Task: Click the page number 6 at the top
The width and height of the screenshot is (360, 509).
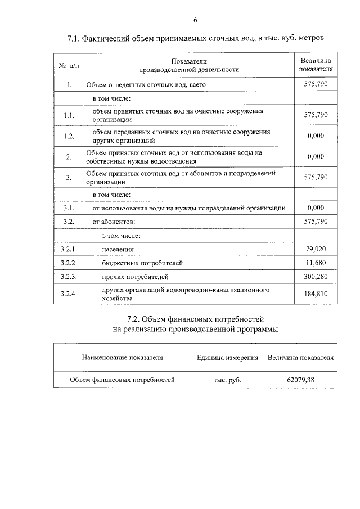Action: pyautogui.click(x=196, y=20)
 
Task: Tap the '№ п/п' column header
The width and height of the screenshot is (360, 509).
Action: pyautogui.click(x=69, y=65)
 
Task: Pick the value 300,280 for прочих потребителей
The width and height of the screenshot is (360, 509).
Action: pyautogui.click(x=315, y=277)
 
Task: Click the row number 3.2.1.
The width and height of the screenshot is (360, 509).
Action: pyautogui.click(x=69, y=249)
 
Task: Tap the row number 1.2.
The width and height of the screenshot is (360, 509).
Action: pyautogui.click(x=69, y=136)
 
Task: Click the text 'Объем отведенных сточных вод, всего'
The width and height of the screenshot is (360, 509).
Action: pyautogui.click(x=146, y=85)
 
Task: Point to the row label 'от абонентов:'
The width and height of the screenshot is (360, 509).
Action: pyautogui.click(x=114, y=222)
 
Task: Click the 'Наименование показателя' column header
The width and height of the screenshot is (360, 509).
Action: pyautogui.click(x=122, y=357)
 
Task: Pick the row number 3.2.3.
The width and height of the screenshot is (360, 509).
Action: pyautogui.click(x=69, y=277)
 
